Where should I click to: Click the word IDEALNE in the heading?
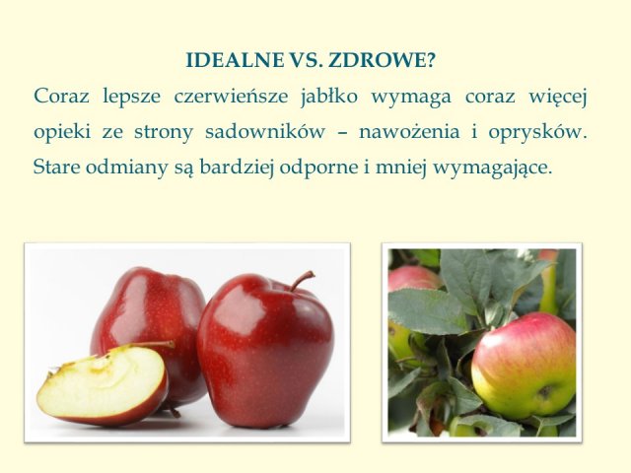[x=235, y=60]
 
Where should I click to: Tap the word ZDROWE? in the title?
[x=382, y=60]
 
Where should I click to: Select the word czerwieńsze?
[x=231, y=97]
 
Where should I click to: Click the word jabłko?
[x=328, y=98]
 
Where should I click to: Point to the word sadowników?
[x=265, y=131]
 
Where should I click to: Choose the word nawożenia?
[x=409, y=131]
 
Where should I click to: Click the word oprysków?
[x=537, y=133]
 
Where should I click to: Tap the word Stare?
[x=57, y=167]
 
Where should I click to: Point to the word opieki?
[x=62, y=133]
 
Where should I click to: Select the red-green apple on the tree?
[x=524, y=361]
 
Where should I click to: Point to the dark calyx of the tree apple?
[x=545, y=392]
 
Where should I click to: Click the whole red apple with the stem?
[x=265, y=350]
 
